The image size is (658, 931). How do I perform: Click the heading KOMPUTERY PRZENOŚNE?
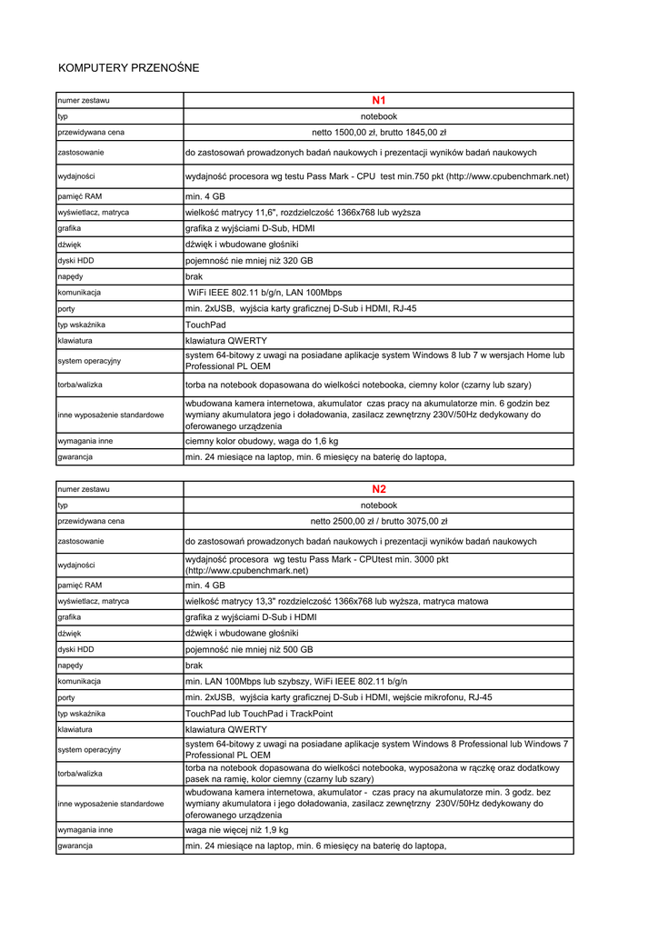pyautogui.click(x=128, y=68)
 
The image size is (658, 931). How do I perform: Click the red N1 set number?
pyautogui.click(x=379, y=100)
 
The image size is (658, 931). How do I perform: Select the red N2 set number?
pyautogui.click(x=379, y=489)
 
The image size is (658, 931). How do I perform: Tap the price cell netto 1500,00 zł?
pyautogui.click(x=379, y=132)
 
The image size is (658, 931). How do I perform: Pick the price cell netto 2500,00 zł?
pyautogui.click(x=379, y=522)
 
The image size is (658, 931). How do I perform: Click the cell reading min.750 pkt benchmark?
pyautogui.click(x=376, y=175)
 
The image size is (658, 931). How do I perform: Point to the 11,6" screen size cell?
pyautogui.click(x=303, y=212)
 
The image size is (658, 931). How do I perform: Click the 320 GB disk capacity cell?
pyautogui.click(x=249, y=260)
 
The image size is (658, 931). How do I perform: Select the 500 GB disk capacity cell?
pyautogui.click(x=249, y=650)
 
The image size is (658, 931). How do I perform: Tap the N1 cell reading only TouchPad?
pyautogui.click(x=205, y=325)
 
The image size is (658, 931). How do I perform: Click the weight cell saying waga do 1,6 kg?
pyautogui.click(x=262, y=441)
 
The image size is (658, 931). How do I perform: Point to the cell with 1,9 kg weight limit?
pyautogui.click(x=237, y=830)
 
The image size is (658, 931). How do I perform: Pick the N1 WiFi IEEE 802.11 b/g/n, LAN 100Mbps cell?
pyautogui.click(x=264, y=293)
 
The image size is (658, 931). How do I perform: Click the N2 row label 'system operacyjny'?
pyautogui.click(x=88, y=750)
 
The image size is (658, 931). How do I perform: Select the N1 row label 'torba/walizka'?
pyautogui.click(x=80, y=385)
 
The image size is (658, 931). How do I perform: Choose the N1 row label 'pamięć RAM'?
pyautogui.click(x=79, y=196)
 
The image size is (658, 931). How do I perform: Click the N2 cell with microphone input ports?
pyautogui.click(x=339, y=697)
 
